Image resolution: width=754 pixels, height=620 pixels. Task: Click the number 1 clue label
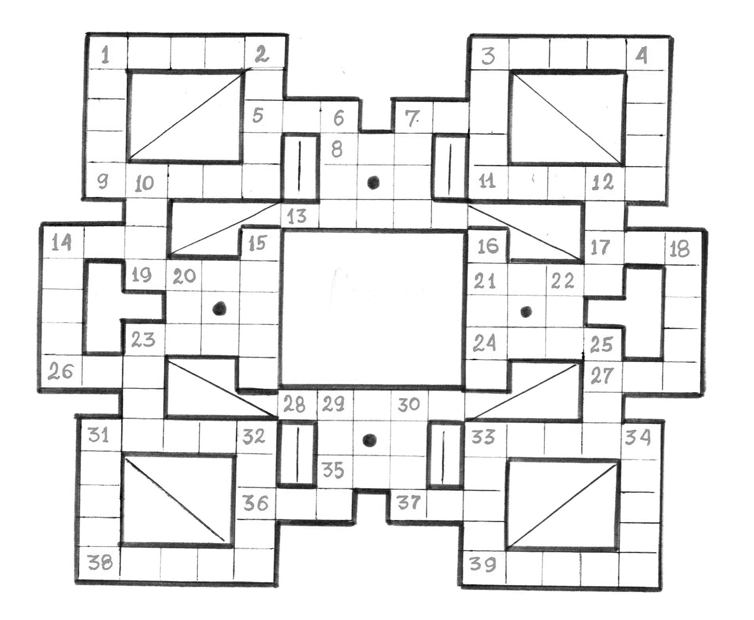[x=105, y=55]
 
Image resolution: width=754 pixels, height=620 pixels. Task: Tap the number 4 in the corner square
[x=641, y=55]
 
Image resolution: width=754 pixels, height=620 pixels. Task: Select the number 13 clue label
[x=297, y=216]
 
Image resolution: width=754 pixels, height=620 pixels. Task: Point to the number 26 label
[x=61, y=372]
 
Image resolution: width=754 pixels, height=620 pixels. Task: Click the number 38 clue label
[x=100, y=562]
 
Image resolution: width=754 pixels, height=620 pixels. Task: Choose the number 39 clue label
[x=482, y=564]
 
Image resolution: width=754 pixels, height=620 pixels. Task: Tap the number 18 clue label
[x=679, y=249]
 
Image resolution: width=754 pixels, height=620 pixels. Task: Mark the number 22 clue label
[x=563, y=281]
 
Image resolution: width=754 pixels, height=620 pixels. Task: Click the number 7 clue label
[x=412, y=118]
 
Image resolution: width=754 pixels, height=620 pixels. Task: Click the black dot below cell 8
[x=373, y=182]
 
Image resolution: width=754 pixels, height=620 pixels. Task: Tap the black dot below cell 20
[x=219, y=308]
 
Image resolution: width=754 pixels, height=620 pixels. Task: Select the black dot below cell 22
[x=526, y=312]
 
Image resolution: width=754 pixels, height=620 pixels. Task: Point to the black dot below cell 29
[x=369, y=440]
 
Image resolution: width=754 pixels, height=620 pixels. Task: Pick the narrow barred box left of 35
[x=297, y=454]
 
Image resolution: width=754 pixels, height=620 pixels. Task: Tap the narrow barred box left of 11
[x=450, y=166]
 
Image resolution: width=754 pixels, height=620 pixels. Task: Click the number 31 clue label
[x=98, y=436]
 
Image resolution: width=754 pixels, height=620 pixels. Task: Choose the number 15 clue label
[x=258, y=243]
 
